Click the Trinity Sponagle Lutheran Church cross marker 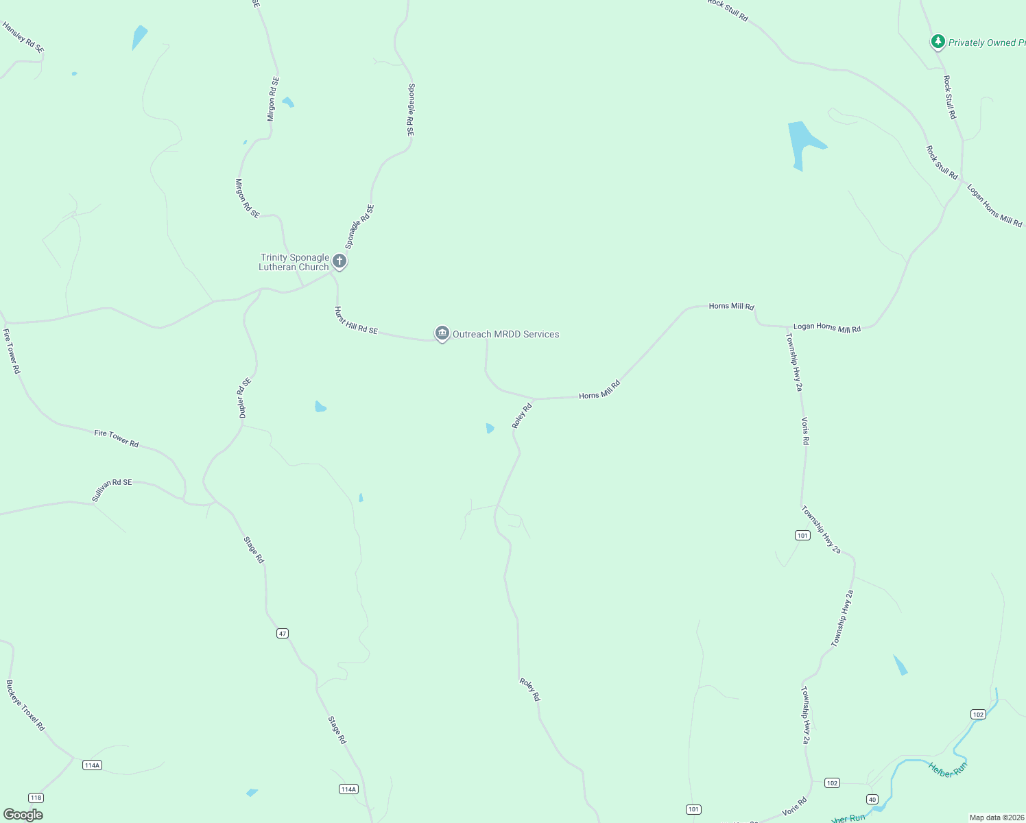339,261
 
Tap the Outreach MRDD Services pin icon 442,333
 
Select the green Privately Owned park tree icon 938,42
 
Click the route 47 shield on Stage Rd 283,633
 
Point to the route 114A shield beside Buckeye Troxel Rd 92,765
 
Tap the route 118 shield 36,798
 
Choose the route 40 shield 872,799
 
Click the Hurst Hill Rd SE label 355,320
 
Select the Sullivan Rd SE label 112,490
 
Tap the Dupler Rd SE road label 244,398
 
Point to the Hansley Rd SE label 23,38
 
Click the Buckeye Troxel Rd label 25,705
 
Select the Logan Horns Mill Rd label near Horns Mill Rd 826,328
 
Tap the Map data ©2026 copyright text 997,818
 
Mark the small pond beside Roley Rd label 490,428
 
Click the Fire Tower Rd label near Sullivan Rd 116,438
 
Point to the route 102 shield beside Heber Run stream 978,714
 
